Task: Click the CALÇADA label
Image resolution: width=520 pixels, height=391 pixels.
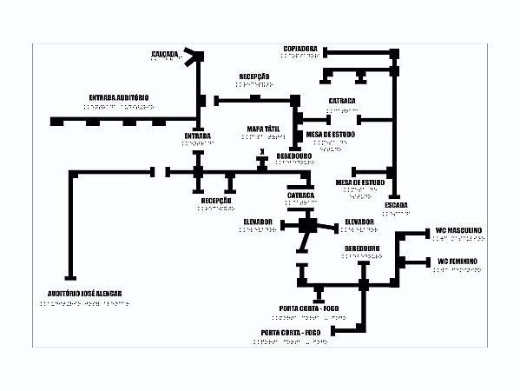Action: click(164, 54)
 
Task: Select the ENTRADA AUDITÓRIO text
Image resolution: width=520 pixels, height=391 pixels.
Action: click(120, 97)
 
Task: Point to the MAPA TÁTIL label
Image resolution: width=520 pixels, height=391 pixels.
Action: click(264, 128)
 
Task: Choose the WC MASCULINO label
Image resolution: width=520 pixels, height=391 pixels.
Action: click(459, 230)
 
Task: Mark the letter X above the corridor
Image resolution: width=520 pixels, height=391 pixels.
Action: click(261, 151)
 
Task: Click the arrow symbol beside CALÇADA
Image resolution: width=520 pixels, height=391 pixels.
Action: click(193, 57)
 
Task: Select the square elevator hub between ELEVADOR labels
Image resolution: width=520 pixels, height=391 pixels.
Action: click(306, 226)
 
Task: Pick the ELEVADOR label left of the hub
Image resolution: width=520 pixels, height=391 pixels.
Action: click(258, 222)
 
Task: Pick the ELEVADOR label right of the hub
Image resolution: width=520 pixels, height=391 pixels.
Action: click(359, 222)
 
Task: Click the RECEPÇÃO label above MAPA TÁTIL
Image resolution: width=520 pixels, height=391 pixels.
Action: click(254, 76)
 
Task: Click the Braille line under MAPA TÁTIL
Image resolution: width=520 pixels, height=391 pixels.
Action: click(264, 136)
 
